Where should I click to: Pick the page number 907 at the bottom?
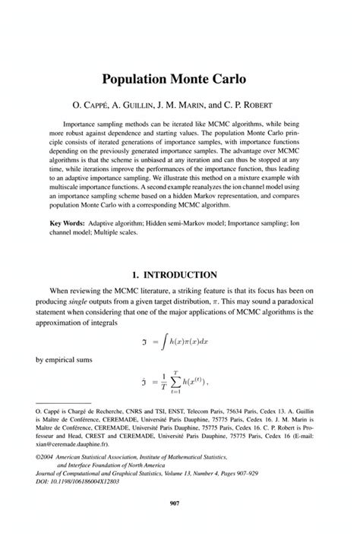(180, 519)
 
